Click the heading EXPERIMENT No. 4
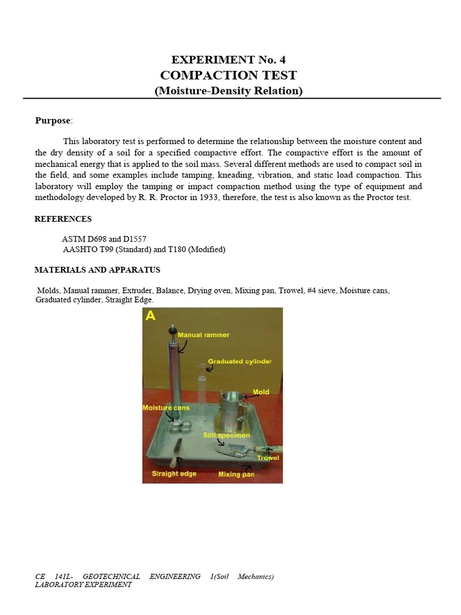tap(228, 59)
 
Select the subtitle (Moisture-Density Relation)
tap(229, 91)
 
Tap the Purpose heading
tap(53, 121)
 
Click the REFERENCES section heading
tap(63, 219)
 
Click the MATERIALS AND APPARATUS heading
tap(97, 270)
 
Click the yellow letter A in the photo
tap(150, 316)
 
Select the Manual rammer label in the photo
tap(206, 335)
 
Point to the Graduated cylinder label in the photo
tap(240, 361)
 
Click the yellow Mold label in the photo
tap(261, 392)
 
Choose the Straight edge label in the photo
tap(173, 473)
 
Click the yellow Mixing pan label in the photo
tap(237, 474)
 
